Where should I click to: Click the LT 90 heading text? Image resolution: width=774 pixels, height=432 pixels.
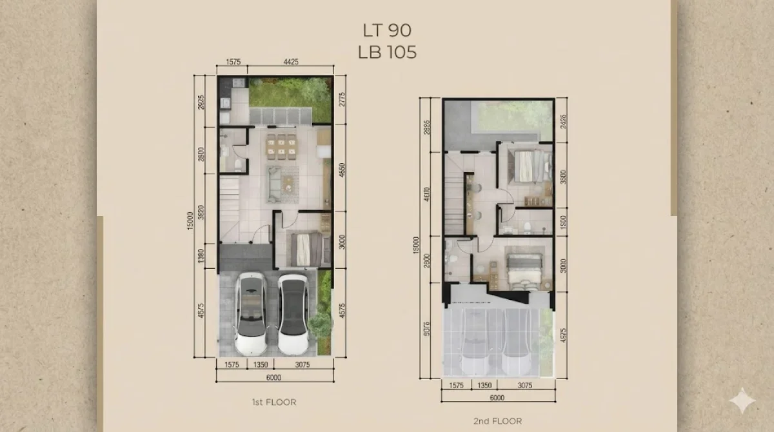(x=387, y=30)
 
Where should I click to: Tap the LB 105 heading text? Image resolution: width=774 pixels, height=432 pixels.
(x=387, y=52)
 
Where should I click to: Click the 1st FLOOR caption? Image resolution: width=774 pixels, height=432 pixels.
(x=273, y=402)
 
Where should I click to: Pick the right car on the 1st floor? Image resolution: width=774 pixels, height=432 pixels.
(x=293, y=313)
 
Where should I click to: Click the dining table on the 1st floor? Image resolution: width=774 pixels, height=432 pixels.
(x=281, y=146)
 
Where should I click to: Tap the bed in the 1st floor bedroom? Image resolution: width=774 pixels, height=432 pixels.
(x=306, y=249)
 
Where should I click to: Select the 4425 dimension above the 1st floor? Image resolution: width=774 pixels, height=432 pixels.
(x=290, y=63)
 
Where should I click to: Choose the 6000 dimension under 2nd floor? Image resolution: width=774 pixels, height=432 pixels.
(x=496, y=398)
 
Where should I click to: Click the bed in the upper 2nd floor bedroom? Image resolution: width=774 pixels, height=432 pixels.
(x=525, y=165)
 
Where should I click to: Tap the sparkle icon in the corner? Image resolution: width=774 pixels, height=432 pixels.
(x=742, y=400)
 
